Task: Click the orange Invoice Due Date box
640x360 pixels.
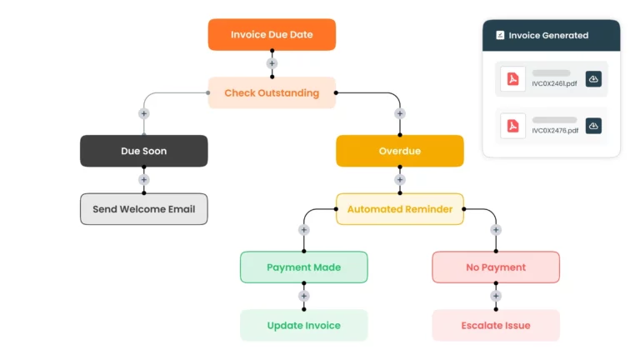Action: pos(272,35)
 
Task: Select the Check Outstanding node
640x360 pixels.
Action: pos(272,92)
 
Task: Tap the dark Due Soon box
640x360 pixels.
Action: pos(143,151)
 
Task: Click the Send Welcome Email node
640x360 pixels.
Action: pos(143,209)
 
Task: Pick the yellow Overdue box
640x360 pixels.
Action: pos(399,151)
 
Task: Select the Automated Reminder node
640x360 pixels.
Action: pos(399,209)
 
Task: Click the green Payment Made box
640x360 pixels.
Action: pos(303,267)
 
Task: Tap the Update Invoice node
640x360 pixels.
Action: pos(303,325)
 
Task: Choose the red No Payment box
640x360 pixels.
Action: pos(495,267)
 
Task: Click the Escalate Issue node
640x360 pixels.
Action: pos(495,325)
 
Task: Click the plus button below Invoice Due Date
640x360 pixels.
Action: pos(272,63)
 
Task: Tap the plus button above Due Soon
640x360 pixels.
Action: pos(143,113)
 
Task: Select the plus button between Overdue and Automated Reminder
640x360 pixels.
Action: pos(399,180)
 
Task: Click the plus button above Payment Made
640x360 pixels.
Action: pos(303,230)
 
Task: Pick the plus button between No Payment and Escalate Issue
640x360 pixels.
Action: pos(495,296)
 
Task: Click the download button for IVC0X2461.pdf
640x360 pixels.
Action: pos(593,79)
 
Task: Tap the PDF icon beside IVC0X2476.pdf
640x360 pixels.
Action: pos(513,126)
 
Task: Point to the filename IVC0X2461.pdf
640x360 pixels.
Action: pos(554,84)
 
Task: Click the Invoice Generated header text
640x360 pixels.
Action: pos(548,36)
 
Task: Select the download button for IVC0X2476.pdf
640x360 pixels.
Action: pos(593,126)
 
